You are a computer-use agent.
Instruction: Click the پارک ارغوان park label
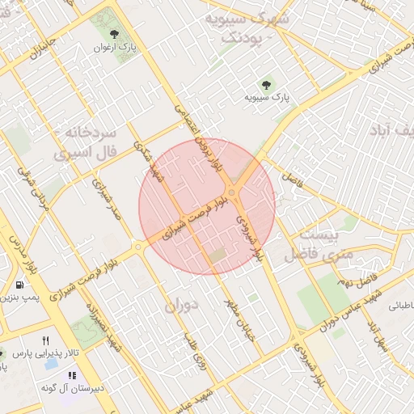pos(116,47)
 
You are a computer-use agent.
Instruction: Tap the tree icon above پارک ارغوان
pos(113,34)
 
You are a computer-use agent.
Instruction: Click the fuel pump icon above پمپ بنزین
pos(19,285)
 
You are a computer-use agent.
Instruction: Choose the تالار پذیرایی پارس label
pos(47,353)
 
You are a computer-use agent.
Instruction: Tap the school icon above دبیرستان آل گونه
pos(72,376)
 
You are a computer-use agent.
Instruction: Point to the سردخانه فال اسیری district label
pos(85,142)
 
